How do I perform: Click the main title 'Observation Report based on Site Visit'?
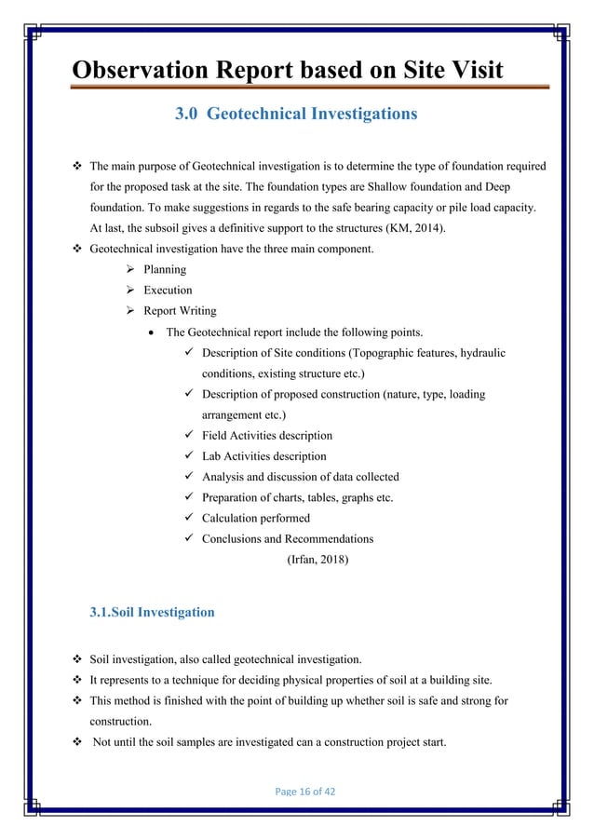[x=288, y=70]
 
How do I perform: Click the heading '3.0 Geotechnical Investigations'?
[x=296, y=115]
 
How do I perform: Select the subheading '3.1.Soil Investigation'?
[x=151, y=612]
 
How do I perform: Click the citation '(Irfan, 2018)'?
[x=317, y=560]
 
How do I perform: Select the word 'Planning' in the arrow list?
[x=165, y=270]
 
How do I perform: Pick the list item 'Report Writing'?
[x=181, y=311]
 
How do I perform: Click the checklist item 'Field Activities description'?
[x=266, y=435]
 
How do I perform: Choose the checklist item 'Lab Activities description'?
[x=263, y=456]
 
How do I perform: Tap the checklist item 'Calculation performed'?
[x=256, y=518]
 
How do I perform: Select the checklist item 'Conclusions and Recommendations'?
[x=288, y=538]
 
